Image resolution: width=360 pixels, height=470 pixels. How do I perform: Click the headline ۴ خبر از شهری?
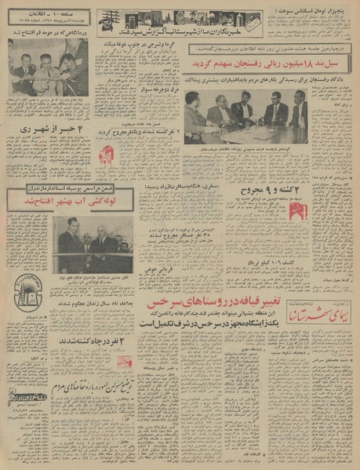[x=49, y=127]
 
